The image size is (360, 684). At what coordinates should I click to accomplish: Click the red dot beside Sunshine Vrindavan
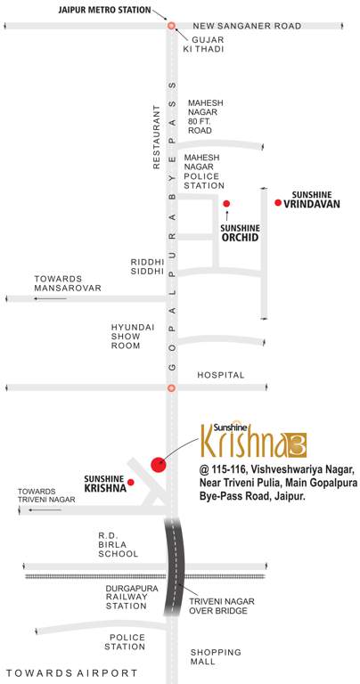(278, 204)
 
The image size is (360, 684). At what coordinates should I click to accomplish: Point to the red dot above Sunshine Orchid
(226, 203)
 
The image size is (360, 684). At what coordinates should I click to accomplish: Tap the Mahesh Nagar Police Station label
(204, 171)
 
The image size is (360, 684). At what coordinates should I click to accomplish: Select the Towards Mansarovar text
(68, 284)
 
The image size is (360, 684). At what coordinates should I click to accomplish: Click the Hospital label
(220, 376)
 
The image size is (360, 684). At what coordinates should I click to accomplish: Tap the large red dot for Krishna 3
(159, 463)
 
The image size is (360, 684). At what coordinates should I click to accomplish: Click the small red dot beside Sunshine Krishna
(130, 482)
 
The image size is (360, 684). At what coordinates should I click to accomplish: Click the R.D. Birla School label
(118, 545)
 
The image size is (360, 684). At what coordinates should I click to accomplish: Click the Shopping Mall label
(216, 656)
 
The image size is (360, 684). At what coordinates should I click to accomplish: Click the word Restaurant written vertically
(155, 134)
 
